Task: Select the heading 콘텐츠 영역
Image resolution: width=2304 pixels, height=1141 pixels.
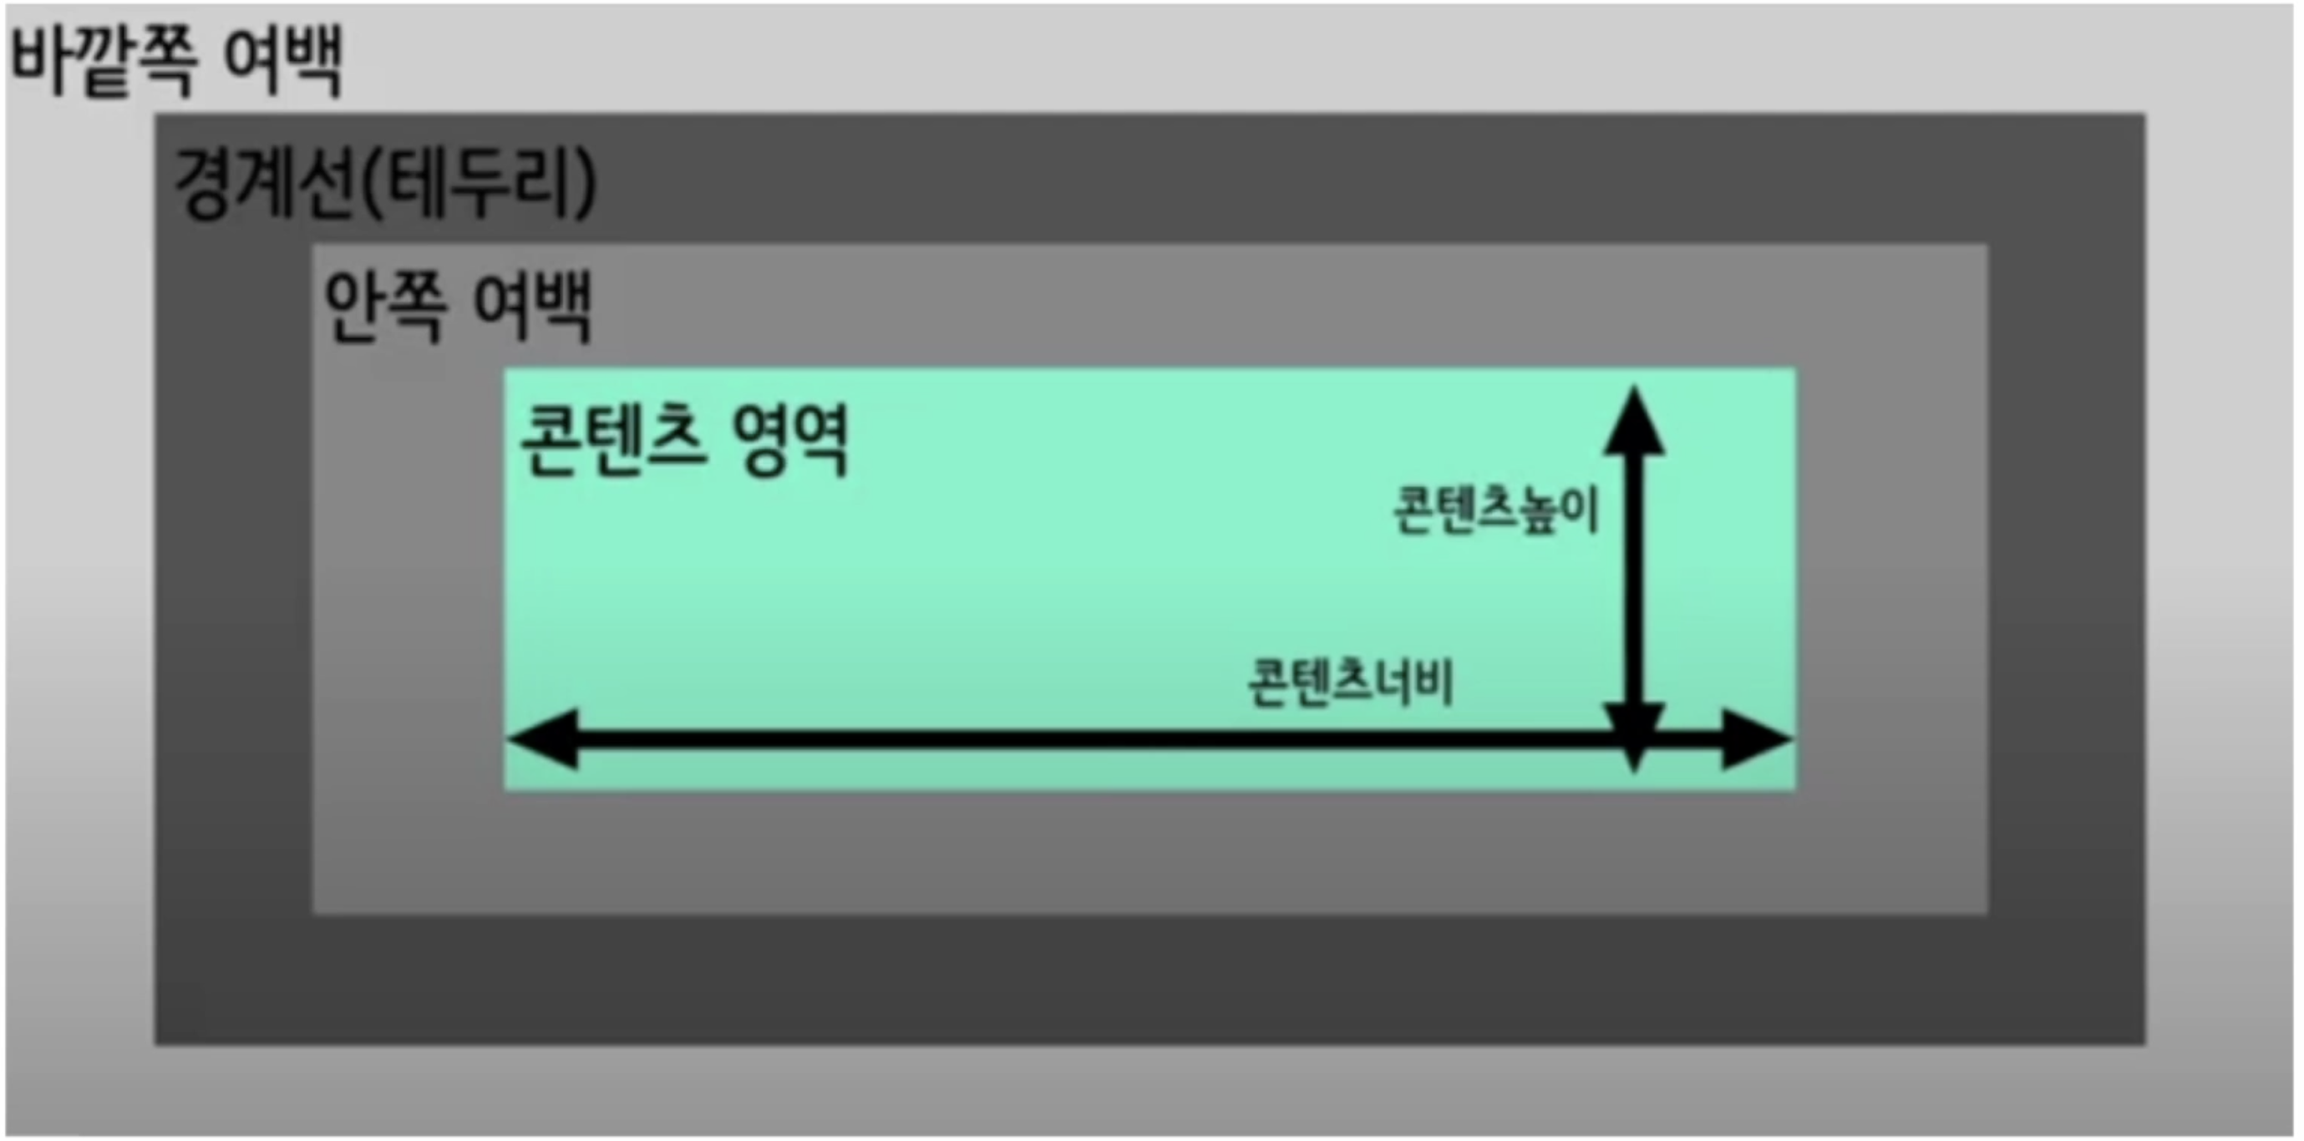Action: point(683,441)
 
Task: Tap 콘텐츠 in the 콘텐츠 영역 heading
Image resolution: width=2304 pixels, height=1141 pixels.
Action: point(612,441)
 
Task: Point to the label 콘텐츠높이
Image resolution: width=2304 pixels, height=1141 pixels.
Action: point(1495,510)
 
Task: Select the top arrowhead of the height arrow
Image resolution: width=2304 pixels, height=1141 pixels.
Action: point(1634,422)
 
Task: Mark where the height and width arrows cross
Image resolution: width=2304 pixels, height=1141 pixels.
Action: point(1635,739)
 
